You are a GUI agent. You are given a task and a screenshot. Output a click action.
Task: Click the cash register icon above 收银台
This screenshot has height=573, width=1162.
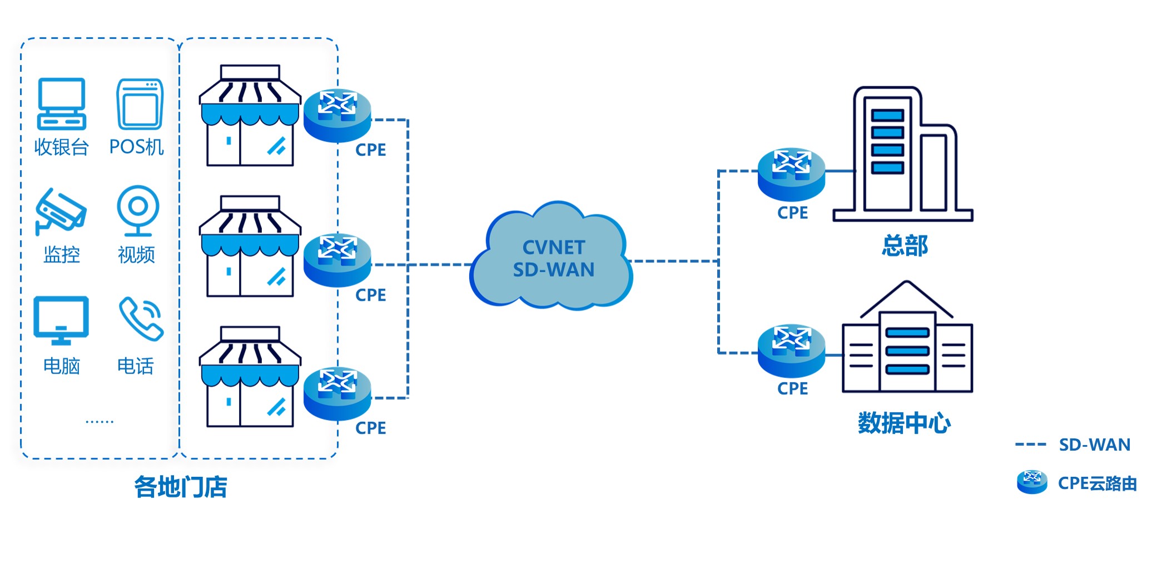(61, 104)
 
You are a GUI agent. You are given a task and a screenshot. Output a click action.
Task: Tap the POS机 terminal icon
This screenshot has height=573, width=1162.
(140, 104)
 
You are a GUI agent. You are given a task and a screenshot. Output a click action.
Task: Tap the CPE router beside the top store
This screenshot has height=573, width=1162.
(337, 115)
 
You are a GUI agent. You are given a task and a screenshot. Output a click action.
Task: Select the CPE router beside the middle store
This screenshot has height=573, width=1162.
(337, 260)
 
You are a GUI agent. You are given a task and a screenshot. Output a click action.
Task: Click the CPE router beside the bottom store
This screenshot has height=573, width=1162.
(337, 393)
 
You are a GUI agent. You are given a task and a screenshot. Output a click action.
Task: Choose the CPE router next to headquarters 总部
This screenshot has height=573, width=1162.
(791, 174)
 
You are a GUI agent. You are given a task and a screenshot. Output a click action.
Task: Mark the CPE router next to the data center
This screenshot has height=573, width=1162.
(791, 351)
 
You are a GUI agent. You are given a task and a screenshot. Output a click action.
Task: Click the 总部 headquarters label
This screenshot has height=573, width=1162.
(905, 246)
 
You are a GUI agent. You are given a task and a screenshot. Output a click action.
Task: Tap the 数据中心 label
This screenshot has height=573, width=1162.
(904, 423)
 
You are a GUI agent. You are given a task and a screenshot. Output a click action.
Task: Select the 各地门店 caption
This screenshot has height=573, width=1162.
(181, 487)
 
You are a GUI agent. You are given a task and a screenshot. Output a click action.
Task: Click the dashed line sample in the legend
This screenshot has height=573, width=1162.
(1030, 445)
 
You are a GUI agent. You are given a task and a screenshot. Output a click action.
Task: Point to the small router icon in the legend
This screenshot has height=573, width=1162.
(1032, 482)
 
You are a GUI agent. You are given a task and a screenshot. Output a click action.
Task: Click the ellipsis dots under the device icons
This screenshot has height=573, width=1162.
(100, 422)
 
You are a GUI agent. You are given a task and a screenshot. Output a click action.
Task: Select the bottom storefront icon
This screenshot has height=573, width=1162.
(250, 377)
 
